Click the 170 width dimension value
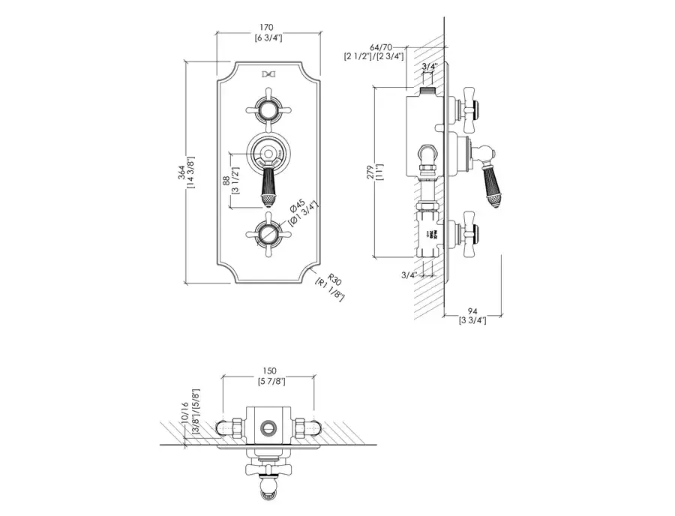pyautogui.click(x=268, y=27)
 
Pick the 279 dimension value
pyautogui.click(x=370, y=172)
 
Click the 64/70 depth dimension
pyautogui.click(x=373, y=47)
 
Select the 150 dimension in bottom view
pyautogui.click(x=270, y=370)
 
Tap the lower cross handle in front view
pyautogui.click(x=268, y=235)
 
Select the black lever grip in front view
pyautogui.click(x=268, y=187)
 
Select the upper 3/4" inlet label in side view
pyautogui.click(x=430, y=67)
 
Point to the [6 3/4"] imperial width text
pyautogui.click(x=268, y=37)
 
